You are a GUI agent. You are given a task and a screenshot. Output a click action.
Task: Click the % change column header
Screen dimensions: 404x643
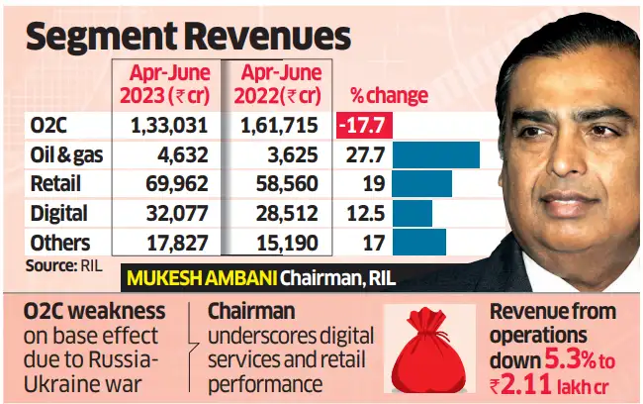click(389, 96)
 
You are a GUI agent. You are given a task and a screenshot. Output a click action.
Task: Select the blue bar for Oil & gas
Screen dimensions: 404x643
click(435, 155)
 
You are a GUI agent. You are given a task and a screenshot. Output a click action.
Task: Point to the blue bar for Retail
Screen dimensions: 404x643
click(421, 184)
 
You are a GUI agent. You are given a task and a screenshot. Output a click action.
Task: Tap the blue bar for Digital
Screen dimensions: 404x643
click(412, 213)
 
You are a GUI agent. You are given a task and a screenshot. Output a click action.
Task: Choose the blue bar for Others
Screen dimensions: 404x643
click(418, 242)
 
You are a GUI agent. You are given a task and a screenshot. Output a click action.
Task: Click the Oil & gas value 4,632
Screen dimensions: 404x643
click(180, 155)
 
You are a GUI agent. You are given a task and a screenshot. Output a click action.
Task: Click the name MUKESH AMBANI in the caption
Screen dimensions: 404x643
click(185, 278)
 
